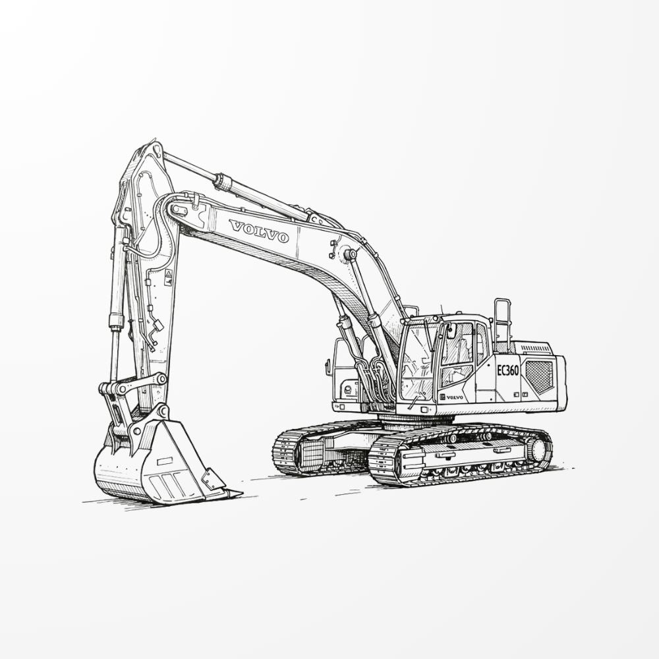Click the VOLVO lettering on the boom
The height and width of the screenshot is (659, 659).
pyautogui.click(x=259, y=231)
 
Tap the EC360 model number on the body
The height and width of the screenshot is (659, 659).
pyautogui.click(x=507, y=370)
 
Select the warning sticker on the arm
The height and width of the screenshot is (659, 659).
pyautogui.click(x=168, y=278)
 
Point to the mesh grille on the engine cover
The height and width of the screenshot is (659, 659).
pyautogui.click(x=540, y=377)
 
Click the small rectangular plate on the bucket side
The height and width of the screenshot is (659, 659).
pyautogui.click(x=164, y=461)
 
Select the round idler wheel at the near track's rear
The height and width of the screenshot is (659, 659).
pyautogui.click(x=538, y=450)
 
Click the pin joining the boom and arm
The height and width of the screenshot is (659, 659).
pyautogui.click(x=177, y=208)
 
